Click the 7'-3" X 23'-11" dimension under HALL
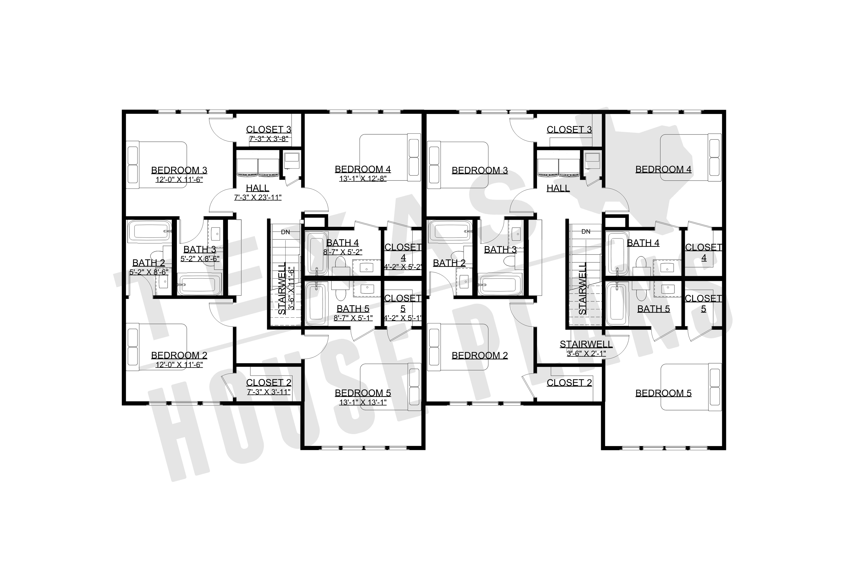coord(258,198)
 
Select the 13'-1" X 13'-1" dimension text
coord(362,402)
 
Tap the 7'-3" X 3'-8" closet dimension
coord(268,139)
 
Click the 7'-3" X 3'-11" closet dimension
coord(268,392)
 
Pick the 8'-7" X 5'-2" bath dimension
coord(343,252)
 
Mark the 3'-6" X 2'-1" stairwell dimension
coord(586,353)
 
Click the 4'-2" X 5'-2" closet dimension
coord(403,267)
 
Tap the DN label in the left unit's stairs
coord(285,232)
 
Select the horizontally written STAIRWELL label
coord(586,344)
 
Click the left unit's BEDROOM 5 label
coord(362,393)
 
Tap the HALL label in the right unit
coord(558,188)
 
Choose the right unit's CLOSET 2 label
coord(569,383)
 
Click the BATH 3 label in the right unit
coord(500,250)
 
